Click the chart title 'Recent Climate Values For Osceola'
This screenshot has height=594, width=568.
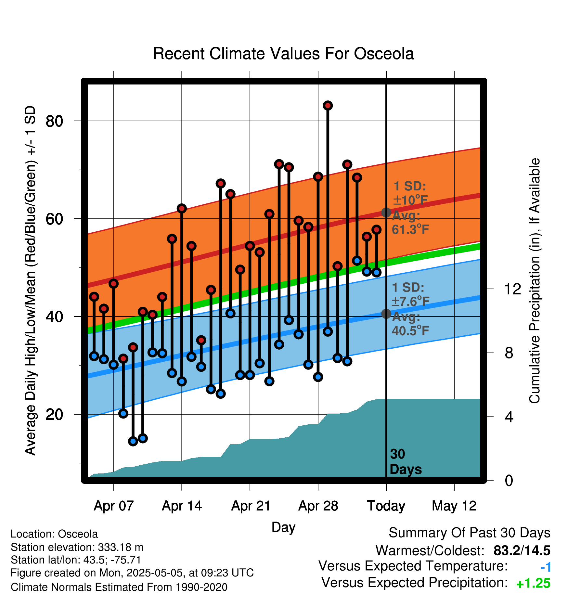click(283, 54)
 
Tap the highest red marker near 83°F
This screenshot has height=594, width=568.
click(328, 105)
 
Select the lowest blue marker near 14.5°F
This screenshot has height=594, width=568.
click(133, 441)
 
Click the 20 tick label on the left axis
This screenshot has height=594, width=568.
click(54, 414)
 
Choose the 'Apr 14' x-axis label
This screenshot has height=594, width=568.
click(182, 506)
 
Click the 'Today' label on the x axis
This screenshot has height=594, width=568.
click(386, 506)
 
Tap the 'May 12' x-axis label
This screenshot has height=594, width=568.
click(454, 506)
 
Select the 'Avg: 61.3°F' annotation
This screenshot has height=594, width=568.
click(410, 223)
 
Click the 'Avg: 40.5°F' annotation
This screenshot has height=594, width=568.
click(410, 324)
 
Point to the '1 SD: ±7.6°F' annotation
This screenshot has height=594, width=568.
click(410, 294)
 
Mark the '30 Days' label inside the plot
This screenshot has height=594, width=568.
click(406, 462)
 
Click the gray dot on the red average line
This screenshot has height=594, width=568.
click(386, 213)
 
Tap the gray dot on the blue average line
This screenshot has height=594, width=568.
click(386, 314)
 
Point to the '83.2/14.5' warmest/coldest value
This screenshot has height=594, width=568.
click(522, 550)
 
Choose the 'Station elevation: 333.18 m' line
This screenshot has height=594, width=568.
click(77, 547)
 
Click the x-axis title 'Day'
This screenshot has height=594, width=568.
click(283, 527)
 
